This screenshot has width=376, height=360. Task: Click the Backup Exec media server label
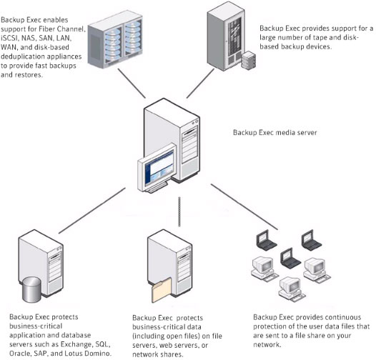tap(274, 133)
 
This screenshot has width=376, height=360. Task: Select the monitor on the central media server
tap(157, 167)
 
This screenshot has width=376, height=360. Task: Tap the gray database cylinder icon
tap(31, 289)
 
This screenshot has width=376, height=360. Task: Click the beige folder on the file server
tap(162, 290)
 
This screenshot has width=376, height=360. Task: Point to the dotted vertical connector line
tap(179, 211)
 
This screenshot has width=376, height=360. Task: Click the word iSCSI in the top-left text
tap(10, 38)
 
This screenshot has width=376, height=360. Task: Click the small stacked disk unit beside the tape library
tap(249, 60)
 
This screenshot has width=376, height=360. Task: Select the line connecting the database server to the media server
tap(92, 211)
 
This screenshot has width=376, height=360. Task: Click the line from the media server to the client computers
tap(244, 207)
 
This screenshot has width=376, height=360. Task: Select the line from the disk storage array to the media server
tap(132, 84)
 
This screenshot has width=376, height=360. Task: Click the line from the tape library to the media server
tap(200, 84)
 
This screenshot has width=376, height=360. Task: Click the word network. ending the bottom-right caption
tap(267, 345)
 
